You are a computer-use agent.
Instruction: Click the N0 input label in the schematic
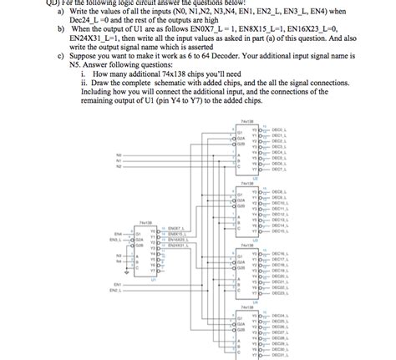click(119, 155)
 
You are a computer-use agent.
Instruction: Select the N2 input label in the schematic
click(119, 166)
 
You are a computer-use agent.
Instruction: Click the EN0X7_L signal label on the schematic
click(175, 228)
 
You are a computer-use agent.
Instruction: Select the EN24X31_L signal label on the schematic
click(177, 246)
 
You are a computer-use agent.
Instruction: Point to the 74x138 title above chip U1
click(145, 222)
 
